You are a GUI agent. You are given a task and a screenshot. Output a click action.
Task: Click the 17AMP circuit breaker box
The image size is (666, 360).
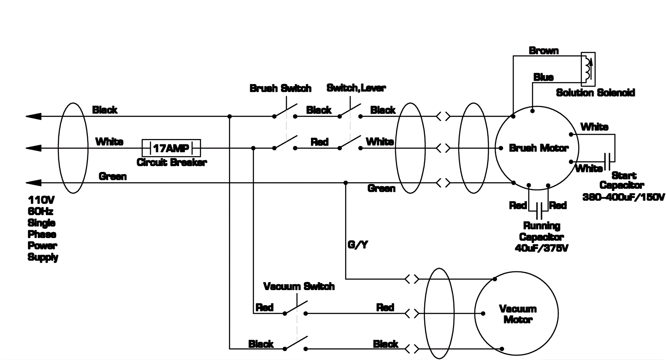click(171, 148)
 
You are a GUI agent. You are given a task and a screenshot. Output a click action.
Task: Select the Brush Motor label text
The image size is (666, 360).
click(539, 148)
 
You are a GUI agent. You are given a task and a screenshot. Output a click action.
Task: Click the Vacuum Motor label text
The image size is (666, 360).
click(518, 314)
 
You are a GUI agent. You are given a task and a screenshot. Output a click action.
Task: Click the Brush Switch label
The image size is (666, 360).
click(280, 88)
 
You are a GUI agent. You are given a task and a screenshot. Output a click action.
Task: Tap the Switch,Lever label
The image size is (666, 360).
click(356, 88)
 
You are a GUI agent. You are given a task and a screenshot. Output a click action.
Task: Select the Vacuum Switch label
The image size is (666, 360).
click(299, 286)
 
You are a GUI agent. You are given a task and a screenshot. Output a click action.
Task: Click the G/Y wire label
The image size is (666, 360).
click(358, 245)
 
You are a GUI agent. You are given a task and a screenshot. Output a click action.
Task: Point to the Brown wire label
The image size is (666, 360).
click(544, 51)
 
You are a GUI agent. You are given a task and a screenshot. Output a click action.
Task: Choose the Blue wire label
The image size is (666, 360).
click(543, 77)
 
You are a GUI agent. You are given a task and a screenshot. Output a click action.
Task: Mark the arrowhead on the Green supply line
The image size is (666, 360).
click(33, 183)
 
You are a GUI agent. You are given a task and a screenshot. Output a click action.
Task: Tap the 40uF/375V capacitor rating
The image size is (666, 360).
click(542, 248)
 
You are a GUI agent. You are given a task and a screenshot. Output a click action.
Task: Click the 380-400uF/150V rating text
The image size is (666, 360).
click(624, 197)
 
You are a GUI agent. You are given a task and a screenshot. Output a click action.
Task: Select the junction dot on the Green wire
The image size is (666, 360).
click(345, 183)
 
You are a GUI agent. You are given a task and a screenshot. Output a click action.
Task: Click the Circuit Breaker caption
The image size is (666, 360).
click(171, 162)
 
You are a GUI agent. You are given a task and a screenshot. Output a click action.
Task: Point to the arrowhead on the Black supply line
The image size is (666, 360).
click(33, 117)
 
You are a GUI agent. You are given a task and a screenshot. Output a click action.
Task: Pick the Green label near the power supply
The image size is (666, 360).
click(112, 176)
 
